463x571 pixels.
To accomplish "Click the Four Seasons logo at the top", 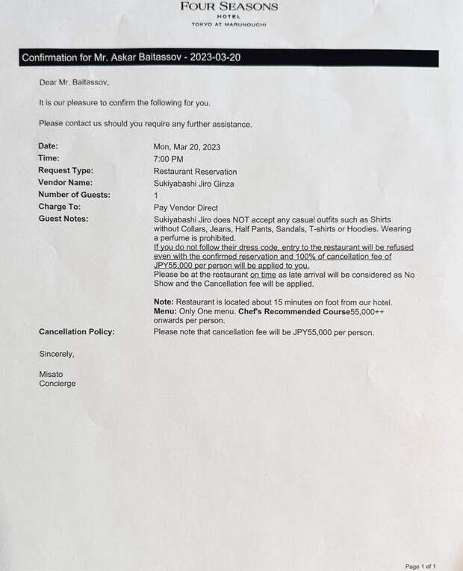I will point(229,13).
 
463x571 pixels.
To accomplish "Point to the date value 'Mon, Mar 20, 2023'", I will point(187,147).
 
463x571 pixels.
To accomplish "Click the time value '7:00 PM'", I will point(168,159).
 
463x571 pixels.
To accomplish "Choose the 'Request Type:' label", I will point(66,171).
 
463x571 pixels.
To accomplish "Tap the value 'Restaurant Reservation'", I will point(195,171).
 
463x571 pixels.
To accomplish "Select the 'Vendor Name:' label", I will point(65,183).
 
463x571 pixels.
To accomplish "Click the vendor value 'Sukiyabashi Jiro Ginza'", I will point(195,183).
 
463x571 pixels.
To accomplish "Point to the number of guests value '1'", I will point(155,195).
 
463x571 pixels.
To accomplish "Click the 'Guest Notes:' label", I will point(63,219).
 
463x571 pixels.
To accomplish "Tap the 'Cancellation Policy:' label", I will point(76,331).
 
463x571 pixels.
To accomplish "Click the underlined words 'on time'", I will point(265,275).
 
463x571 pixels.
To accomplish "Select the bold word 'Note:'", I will point(164,302).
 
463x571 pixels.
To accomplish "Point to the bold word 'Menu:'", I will point(165,311).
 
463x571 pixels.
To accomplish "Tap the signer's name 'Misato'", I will point(52,373).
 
